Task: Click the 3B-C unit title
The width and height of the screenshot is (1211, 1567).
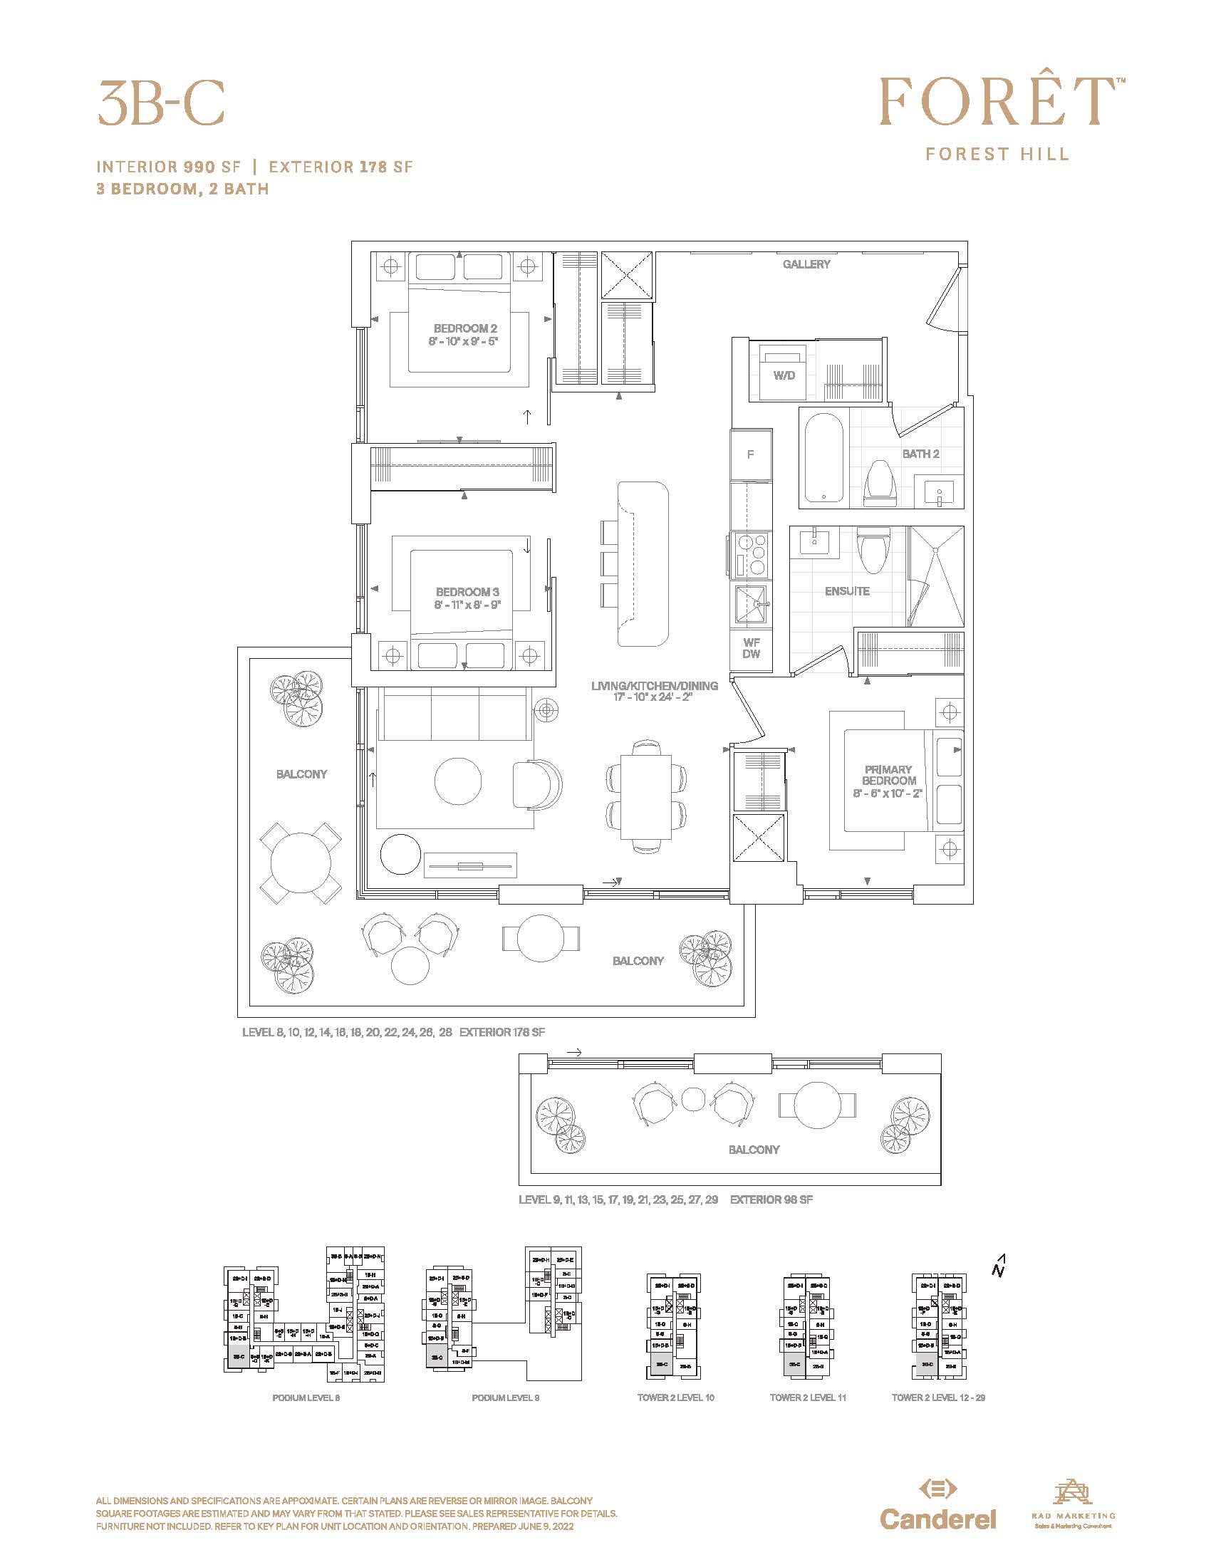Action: pos(162,103)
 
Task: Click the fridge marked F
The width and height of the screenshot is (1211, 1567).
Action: pos(750,454)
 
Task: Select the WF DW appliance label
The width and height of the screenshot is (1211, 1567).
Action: pos(750,649)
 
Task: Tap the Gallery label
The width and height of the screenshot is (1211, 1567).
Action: pos(806,265)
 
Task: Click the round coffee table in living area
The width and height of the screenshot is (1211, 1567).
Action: pos(458,781)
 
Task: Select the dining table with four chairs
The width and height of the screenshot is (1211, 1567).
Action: pos(645,796)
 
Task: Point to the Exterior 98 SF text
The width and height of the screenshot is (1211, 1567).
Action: pos(771,1199)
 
